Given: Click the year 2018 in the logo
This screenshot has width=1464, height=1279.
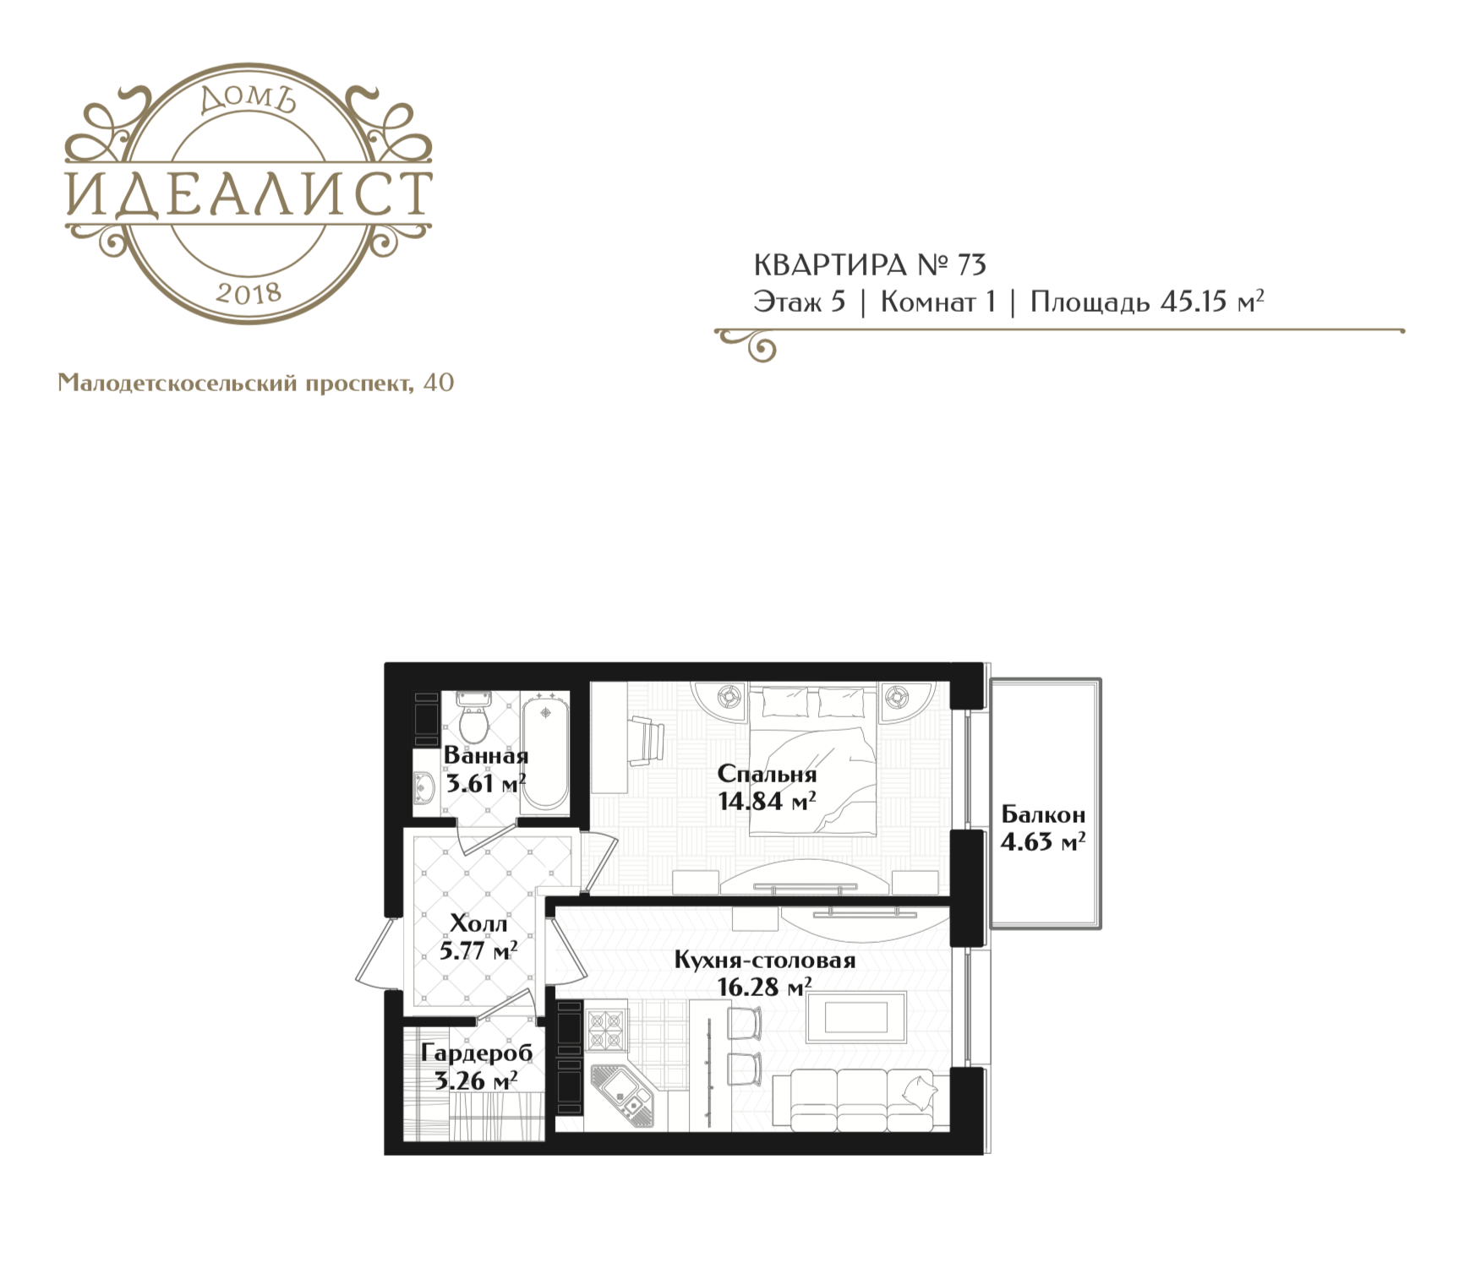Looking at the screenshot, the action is (x=249, y=292).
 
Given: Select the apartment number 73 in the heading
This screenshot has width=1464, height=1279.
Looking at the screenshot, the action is (x=971, y=265).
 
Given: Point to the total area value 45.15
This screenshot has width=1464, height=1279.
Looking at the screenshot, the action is (x=1194, y=302).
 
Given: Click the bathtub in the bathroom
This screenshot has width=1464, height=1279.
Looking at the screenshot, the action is (x=545, y=753).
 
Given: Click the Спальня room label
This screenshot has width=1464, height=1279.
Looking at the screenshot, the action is (x=767, y=775).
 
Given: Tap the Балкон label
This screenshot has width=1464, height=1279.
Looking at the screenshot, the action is (x=1043, y=815).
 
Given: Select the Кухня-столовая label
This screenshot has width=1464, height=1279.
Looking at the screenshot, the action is (x=765, y=961).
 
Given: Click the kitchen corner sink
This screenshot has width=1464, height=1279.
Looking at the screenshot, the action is (x=623, y=1096).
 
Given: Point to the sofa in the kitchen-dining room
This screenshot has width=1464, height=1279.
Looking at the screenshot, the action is (x=863, y=1098).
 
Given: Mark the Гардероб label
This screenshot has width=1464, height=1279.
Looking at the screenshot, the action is (x=477, y=1053).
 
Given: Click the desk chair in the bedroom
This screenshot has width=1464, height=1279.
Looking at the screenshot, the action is (x=648, y=741).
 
